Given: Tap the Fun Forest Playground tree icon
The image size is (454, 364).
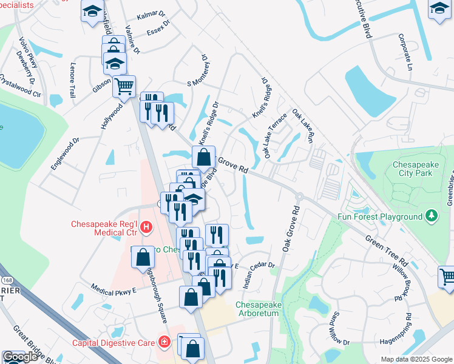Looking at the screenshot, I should point(432,216).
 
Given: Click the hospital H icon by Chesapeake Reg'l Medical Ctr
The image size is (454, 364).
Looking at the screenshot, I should point(146,228).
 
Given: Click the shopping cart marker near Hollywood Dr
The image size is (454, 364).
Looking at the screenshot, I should point(124,86).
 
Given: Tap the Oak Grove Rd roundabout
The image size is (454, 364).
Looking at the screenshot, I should point(299,197).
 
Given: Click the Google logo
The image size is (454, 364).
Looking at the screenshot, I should point(20,357).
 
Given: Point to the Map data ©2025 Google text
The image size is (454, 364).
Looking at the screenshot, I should point(416,359).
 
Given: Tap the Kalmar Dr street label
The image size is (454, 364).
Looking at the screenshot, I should point(151,13).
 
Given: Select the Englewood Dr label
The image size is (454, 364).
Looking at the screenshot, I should point(66,153).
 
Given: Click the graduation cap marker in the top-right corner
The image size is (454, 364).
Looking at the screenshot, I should point(440,10).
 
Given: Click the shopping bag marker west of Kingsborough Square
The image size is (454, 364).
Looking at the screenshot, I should point(143,258).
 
